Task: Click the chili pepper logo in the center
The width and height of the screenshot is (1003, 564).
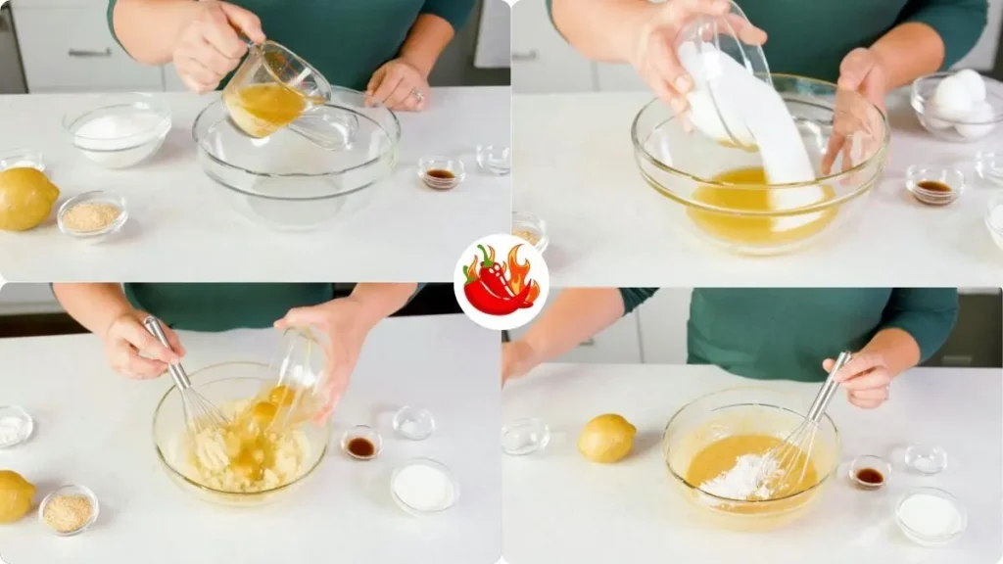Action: click(x=501, y=282)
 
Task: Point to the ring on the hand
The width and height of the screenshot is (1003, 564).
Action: click(x=418, y=97)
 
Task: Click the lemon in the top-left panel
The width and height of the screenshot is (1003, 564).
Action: click(x=24, y=199)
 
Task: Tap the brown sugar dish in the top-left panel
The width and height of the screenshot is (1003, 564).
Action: click(x=92, y=214)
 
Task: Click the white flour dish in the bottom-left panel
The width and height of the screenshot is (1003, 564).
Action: click(x=423, y=486)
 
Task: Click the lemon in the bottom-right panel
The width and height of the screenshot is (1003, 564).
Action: click(x=606, y=438)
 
